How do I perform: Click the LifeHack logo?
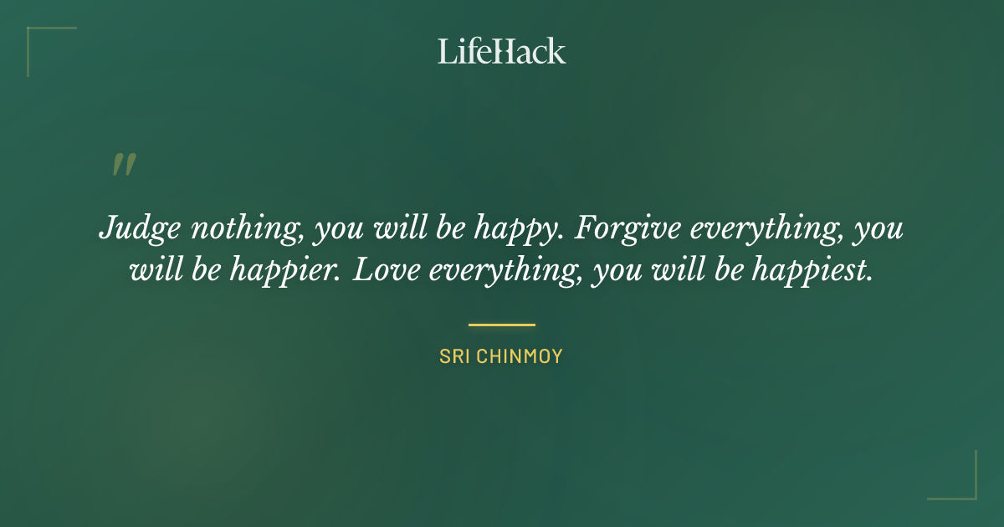502,51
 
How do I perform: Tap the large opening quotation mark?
123,165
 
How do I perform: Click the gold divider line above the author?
502,325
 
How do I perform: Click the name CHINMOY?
519,356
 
